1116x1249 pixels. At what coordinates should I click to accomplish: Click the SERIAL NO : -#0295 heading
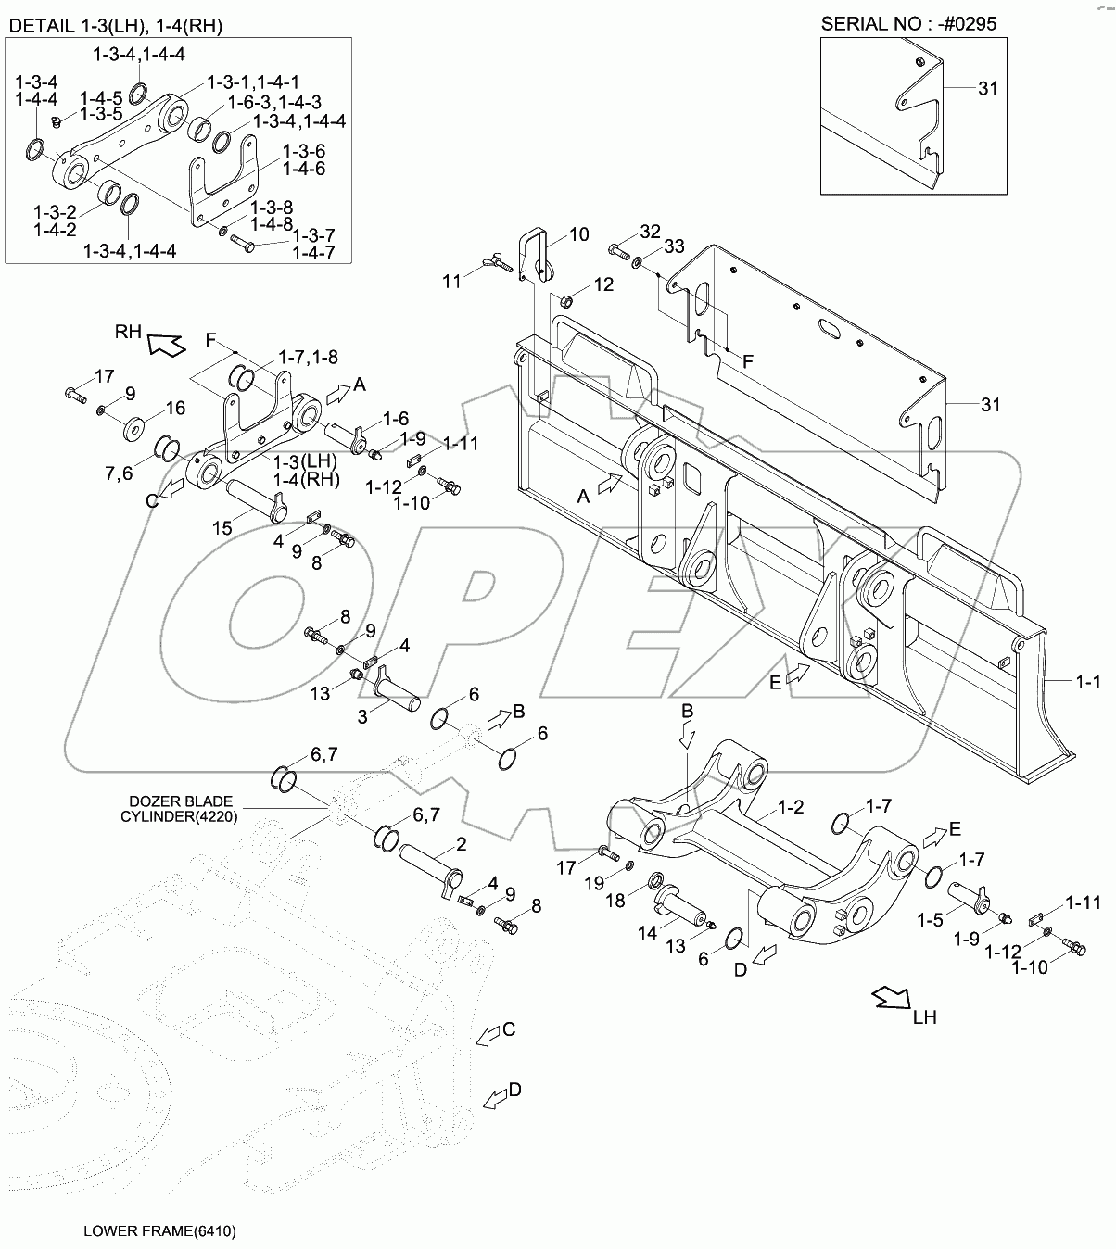point(908,23)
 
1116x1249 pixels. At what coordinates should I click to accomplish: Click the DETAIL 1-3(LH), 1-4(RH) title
point(116,25)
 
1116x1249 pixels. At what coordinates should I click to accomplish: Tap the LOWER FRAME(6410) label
point(159,1231)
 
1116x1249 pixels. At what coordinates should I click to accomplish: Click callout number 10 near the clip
point(577,234)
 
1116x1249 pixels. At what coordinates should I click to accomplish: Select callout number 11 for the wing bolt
point(451,281)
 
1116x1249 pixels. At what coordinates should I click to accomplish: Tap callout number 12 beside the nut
point(602,284)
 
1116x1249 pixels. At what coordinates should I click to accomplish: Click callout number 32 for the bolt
point(650,231)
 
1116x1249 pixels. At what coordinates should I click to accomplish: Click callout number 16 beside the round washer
point(175,408)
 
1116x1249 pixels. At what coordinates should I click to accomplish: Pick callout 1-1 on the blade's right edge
point(1087,683)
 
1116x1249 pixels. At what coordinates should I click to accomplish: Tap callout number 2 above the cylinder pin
point(461,844)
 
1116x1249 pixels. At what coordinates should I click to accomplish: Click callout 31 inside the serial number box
point(988,88)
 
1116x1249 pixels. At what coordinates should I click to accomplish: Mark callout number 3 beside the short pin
point(363,716)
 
